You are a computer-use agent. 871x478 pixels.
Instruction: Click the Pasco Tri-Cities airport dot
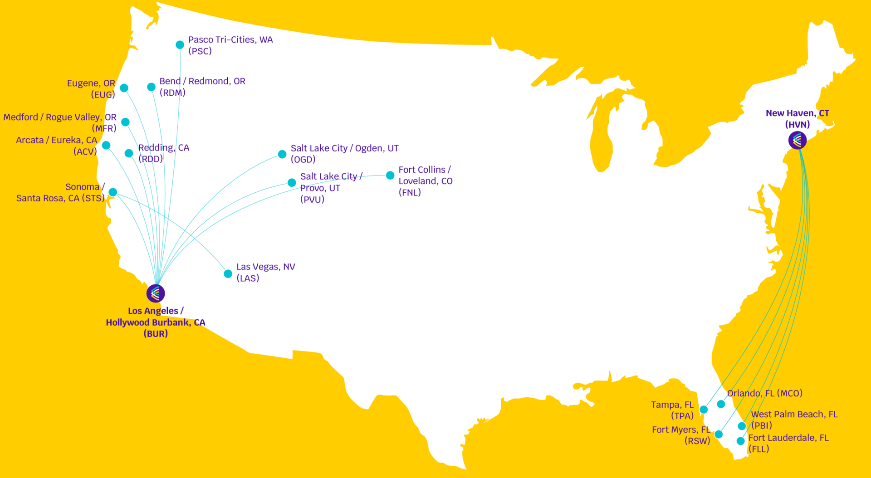pyautogui.click(x=180, y=44)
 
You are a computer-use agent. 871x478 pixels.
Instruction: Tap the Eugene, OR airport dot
pyautogui.click(x=124, y=88)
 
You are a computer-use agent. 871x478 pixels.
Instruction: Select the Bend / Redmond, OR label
pyautogui.click(x=202, y=87)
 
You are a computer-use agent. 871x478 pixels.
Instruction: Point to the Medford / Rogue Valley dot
pyautogui.click(x=125, y=122)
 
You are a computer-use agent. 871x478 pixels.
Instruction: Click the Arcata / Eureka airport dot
pyautogui.click(x=106, y=145)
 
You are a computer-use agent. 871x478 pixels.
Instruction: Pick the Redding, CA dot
pyautogui.click(x=129, y=153)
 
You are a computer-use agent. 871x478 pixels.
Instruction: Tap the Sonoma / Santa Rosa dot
pyautogui.click(x=113, y=192)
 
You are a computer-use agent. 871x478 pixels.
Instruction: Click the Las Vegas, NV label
pyautogui.click(x=265, y=272)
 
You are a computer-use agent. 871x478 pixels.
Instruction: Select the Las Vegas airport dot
pyautogui.click(x=228, y=273)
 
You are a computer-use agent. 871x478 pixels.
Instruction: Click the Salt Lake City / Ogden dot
pyautogui.click(x=282, y=154)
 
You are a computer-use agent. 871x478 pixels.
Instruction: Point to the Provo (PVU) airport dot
pyautogui.click(x=292, y=182)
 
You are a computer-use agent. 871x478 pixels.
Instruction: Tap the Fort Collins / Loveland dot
pyautogui.click(x=390, y=175)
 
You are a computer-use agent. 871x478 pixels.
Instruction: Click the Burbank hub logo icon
pyautogui.click(x=156, y=293)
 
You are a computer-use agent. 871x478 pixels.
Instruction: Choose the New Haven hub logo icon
pyautogui.click(x=798, y=140)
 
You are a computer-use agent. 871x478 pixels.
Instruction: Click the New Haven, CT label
pyautogui.click(x=797, y=118)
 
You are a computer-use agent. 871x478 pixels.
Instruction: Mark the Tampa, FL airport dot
pyautogui.click(x=704, y=410)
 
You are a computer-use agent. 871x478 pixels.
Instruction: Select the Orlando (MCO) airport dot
pyautogui.click(x=721, y=404)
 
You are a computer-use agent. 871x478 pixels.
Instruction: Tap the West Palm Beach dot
pyautogui.click(x=742, y=426)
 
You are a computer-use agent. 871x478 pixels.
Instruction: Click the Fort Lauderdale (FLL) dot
pyautogui.click(x=740, y=441)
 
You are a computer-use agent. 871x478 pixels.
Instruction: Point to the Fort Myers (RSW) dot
pyautogui.click(x=719, y=434)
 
